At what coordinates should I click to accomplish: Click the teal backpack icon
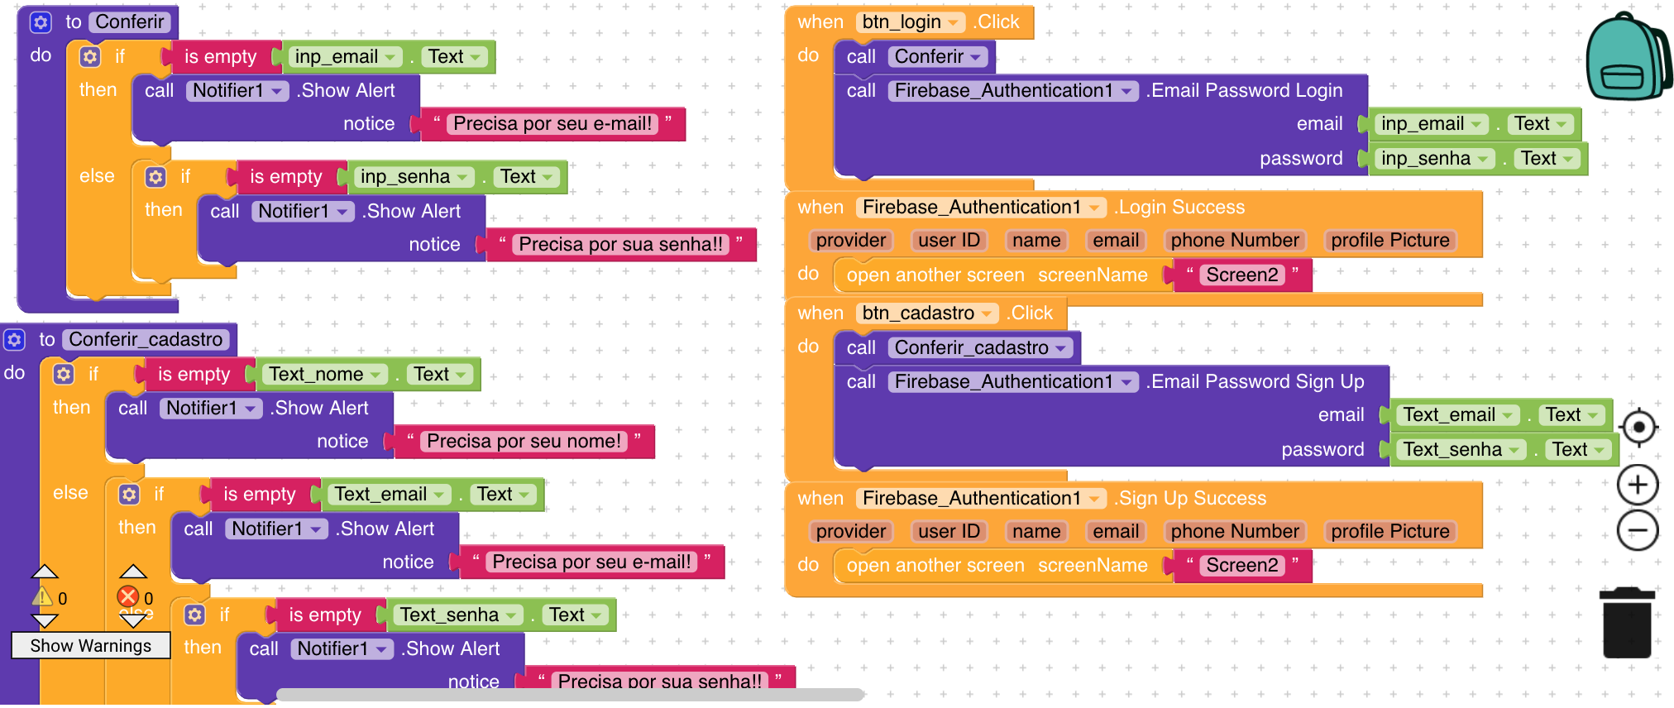pos(1626,58)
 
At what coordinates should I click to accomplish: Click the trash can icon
pos(1627,622)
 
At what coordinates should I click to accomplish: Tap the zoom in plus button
pos(1638,485)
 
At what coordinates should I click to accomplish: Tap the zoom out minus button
pos(1638,530)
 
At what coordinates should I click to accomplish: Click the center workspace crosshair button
pos(1638,428)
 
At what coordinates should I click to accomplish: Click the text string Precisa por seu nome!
pos(524,442)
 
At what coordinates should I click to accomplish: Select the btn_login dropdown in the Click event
pos(910,22)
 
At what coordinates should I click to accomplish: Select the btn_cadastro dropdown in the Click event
pos(926,313)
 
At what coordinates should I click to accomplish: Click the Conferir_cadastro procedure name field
pos(146,340)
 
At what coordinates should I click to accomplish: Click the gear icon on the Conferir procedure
pos(41,22)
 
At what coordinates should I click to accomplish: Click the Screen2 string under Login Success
pos(1241,275)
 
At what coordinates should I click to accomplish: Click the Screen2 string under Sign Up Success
pos(1241,566)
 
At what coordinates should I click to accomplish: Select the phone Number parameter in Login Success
pos(1234,241)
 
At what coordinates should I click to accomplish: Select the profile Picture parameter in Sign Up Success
pos(1389,532)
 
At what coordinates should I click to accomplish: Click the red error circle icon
pos(128,596)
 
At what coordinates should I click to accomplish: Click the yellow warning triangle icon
pos(42,596)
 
